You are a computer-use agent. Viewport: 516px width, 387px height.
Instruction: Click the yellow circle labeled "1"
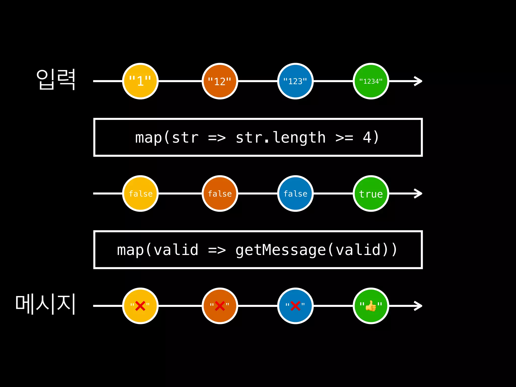140,81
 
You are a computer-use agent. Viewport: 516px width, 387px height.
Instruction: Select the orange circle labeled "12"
220,81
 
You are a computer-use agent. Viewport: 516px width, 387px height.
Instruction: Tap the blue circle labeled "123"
295,81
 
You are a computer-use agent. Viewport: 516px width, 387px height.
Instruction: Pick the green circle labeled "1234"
371,81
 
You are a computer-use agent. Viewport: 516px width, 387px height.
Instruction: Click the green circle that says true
371,193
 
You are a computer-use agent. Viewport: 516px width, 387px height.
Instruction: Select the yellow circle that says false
140,193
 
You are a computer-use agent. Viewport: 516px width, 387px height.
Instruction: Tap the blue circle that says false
295,193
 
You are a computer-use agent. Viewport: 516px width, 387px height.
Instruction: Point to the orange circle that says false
220,193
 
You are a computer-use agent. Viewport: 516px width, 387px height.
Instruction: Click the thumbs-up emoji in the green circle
371,306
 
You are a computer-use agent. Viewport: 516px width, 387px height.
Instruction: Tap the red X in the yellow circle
140,306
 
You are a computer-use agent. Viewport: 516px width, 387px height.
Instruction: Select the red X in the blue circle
295,306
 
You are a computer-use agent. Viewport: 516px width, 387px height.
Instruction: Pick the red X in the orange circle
220,306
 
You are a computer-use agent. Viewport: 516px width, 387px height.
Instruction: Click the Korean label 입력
56,79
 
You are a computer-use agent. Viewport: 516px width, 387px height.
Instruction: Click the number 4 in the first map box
367,138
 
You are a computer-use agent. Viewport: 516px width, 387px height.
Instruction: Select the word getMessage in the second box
281,250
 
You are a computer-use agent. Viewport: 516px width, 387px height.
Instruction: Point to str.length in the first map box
280,138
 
